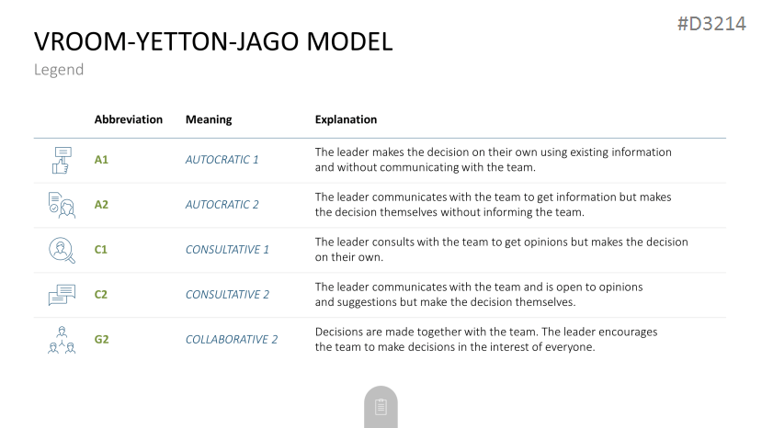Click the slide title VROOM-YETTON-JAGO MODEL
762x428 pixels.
coord(213,41)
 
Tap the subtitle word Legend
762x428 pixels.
coord(59,70)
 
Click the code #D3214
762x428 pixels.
coord(711,24)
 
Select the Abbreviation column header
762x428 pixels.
coord(129,119)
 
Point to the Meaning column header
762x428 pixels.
coord(209,119)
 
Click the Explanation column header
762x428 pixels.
coord(346,119)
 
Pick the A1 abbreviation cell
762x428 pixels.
coord(101,160)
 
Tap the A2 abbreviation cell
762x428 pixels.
coord(101,205)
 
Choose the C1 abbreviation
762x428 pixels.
coord(100,250)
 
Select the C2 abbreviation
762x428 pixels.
coord(100,295)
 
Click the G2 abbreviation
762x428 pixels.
coord(101,339)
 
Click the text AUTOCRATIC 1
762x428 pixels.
coord(222,160)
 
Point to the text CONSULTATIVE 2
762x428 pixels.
coord(227,295)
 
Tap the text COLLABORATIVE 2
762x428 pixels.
coord(232,339)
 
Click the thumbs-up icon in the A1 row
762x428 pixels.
coord(62,161)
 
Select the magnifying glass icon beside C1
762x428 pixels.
coord(62,250)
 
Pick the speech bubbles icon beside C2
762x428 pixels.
coord(62,295)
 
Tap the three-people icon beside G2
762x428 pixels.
coord(62,340)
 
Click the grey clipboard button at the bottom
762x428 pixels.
coord(381,407)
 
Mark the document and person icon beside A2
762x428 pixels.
coord(62,205)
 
